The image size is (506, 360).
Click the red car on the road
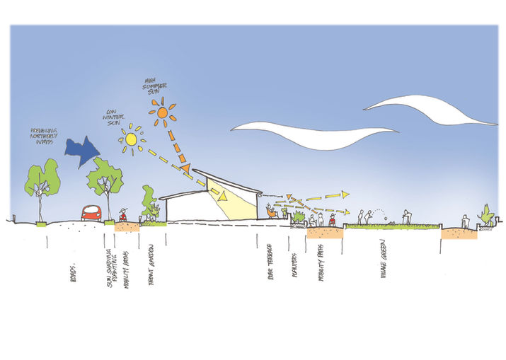[92, 212]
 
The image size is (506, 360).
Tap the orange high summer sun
[162, 112]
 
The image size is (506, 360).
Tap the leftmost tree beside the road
[41, 182]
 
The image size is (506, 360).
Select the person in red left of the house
[125, 214]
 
